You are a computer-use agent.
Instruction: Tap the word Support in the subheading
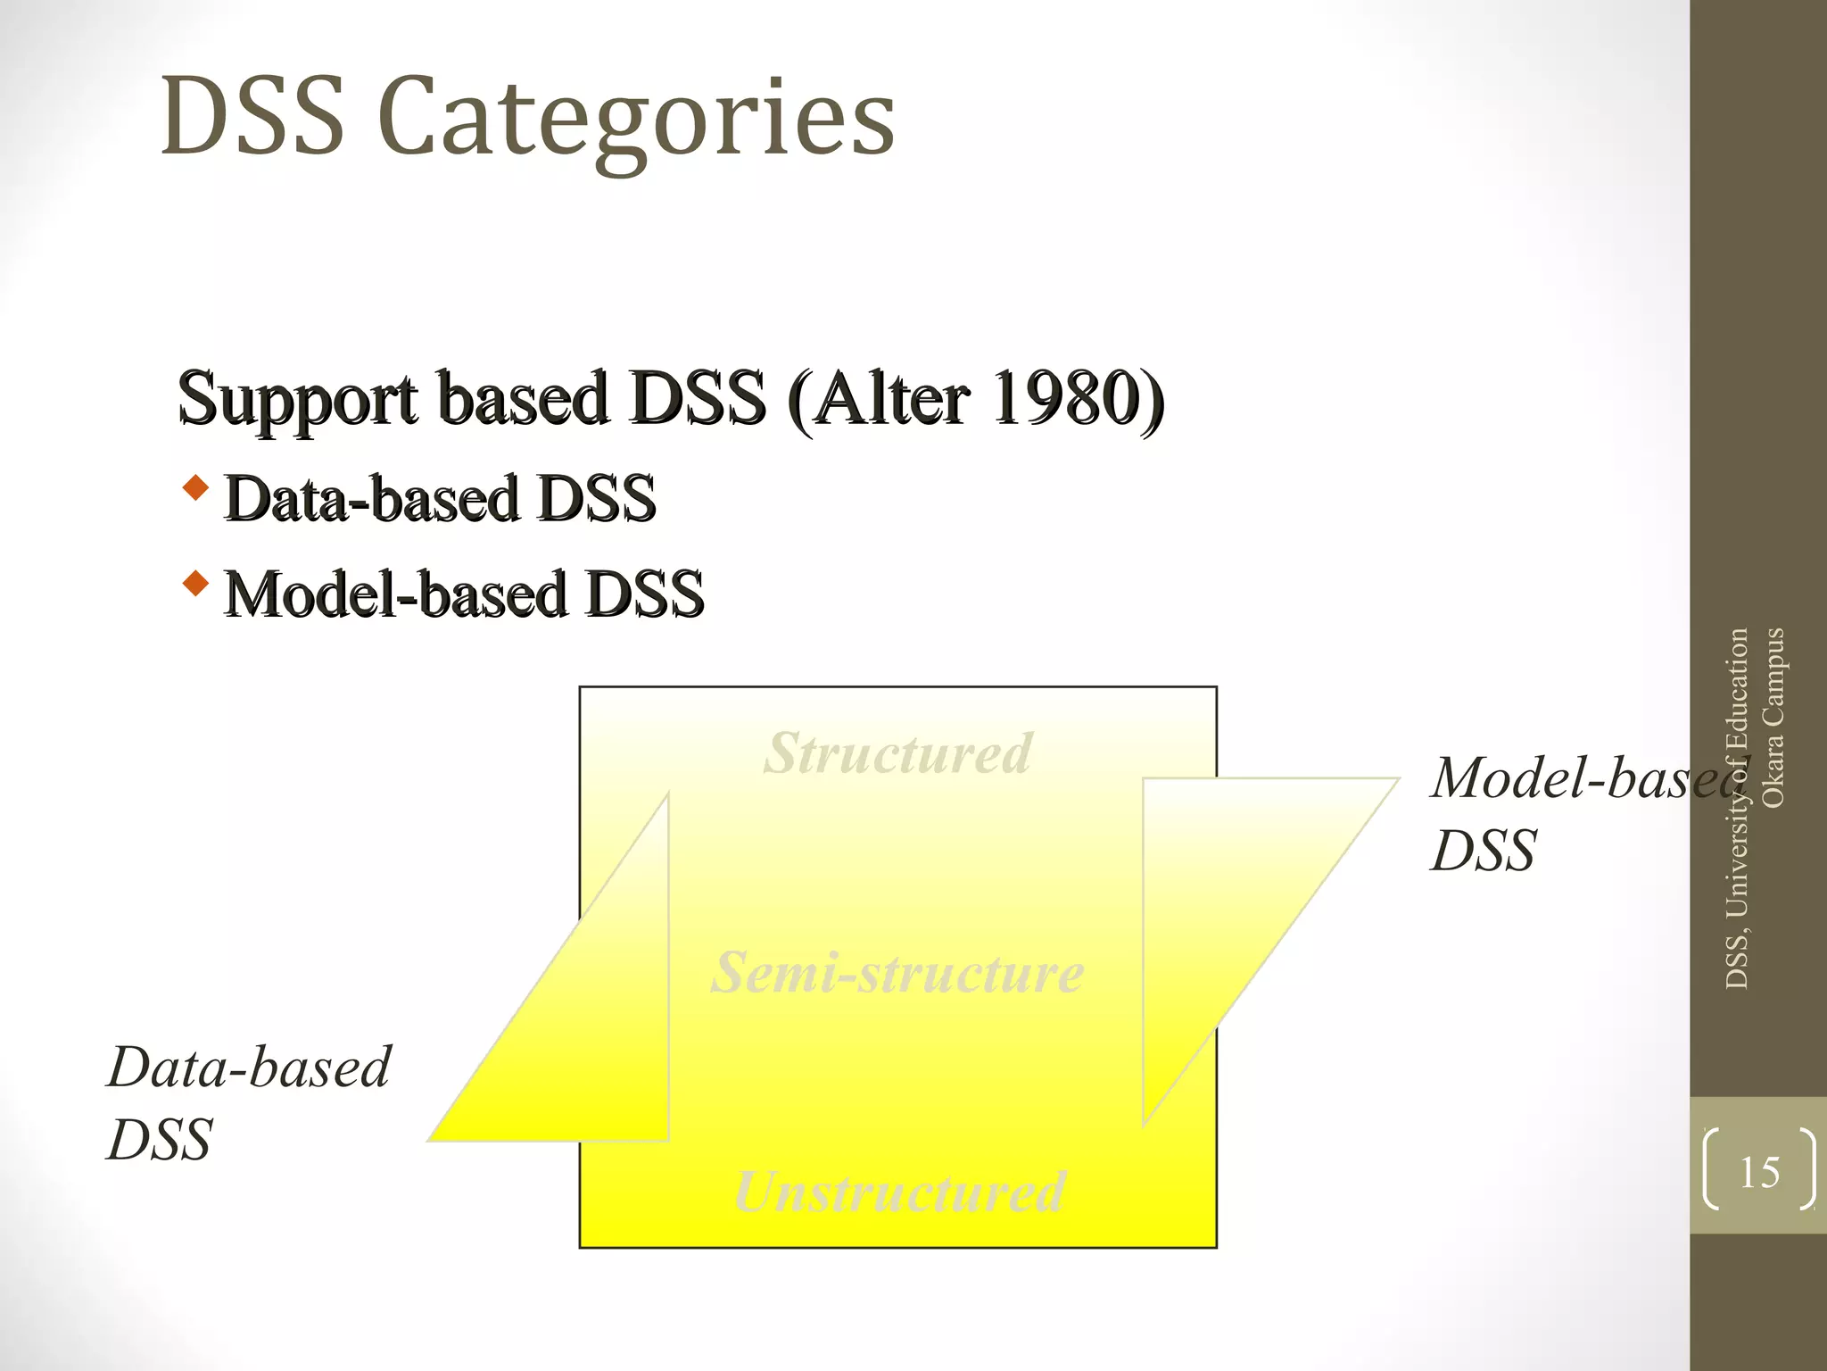click(x=298, y=400)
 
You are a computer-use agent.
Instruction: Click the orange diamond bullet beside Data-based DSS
click(x=195, y=488)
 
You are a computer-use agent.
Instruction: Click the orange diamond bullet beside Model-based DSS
click(x=195, y=585)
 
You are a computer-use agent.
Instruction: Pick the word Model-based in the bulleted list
click(x=395, y=594)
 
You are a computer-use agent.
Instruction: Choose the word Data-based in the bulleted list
click(x=371, y=498)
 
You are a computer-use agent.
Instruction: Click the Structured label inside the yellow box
click(x=897, y=753)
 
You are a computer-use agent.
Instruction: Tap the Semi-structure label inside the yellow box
click(x=897, y=972)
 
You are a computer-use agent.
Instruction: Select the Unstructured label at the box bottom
click(x=899, y=1192)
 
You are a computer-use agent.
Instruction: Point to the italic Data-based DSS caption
click(x=248, y=1102)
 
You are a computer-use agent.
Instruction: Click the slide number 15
click(x=1759, y=1172)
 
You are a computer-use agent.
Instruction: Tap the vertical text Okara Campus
click(x=1773, y=718)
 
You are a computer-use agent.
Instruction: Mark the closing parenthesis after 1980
click(x=1152, y=400)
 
